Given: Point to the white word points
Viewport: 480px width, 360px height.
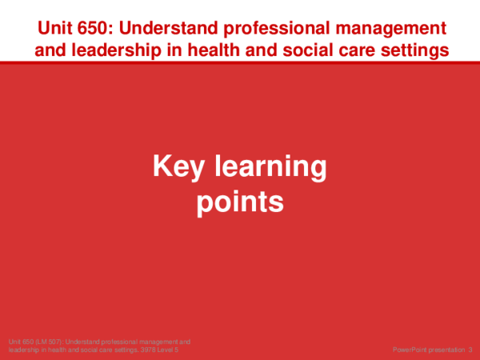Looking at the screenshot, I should (x=240, y=201).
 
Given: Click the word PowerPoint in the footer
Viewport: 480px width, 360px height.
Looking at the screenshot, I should (x=411, y=350).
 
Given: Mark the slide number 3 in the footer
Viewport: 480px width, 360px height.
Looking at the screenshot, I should (x=470, y=350).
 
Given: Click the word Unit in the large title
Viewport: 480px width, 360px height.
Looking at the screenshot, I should (x=55, y=29).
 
